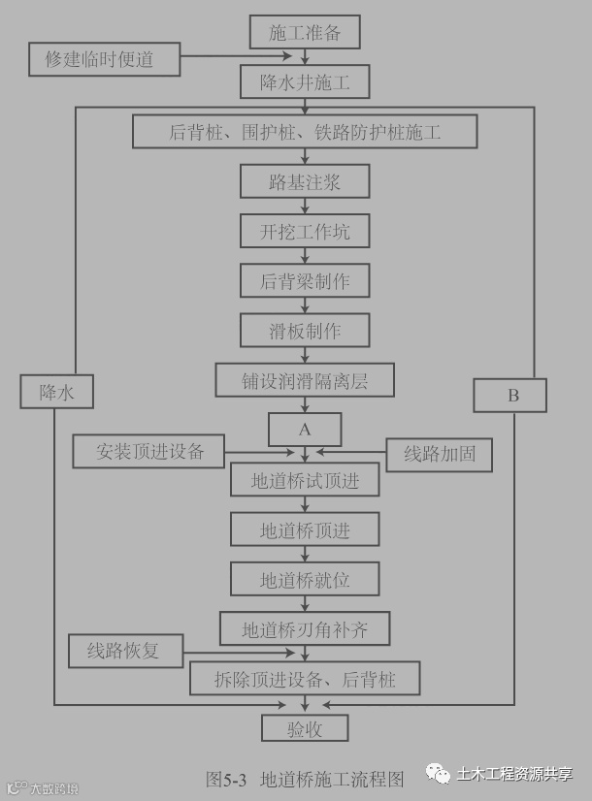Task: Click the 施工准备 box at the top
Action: pos(305,32)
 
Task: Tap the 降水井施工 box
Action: pos(305,82)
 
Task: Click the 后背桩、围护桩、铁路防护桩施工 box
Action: pos(305,132)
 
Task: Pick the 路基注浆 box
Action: pos(305,181)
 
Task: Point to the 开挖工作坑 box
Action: pos(305,232)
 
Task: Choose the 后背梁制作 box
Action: pos(305,281)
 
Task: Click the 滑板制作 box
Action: pos(305,331)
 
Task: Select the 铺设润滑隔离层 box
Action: pos(305,380)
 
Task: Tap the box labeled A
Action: pos(305,429)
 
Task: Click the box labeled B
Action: pos(510,395)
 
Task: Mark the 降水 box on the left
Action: pos(56,392)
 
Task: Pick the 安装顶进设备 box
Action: pos(149,451)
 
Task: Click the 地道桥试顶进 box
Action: pos(305,480)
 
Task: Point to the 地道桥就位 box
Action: pos(305,580)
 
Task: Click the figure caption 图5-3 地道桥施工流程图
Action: pos(305,778)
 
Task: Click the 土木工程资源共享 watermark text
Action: pos(514,773)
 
